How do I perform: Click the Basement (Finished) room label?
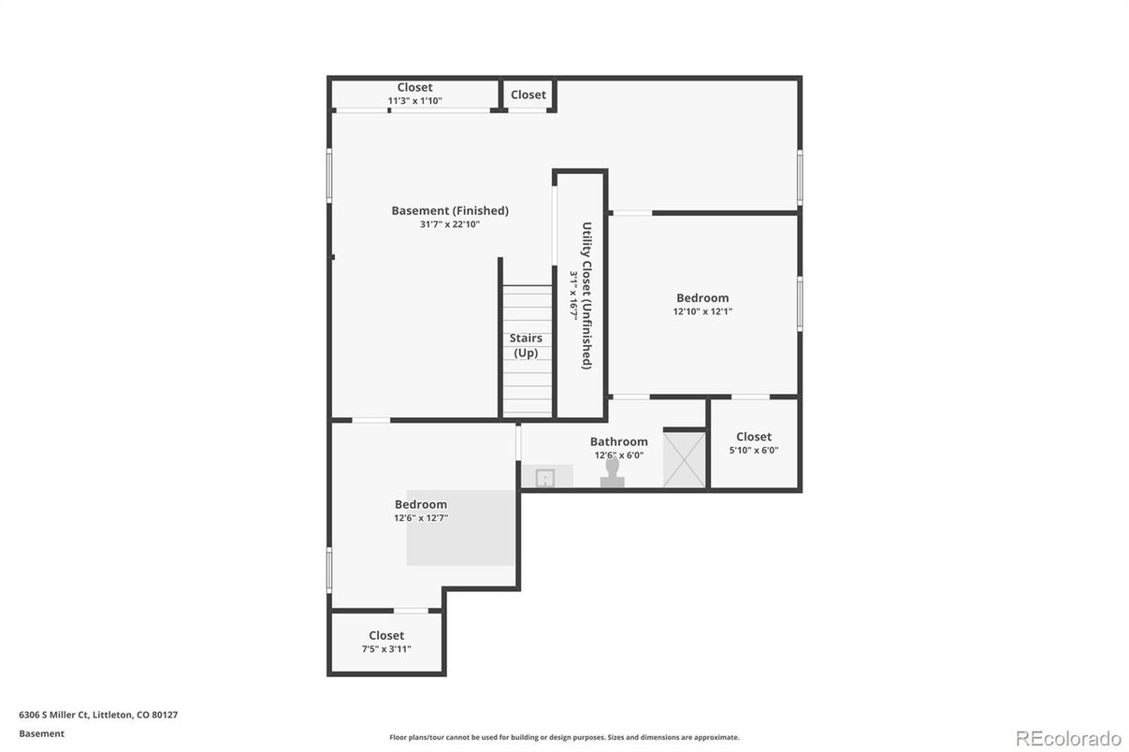click(450, 210)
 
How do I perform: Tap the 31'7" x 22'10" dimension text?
click(450, 224)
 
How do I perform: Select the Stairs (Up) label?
click(526, 345)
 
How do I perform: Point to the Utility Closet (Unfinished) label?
click(586, 296)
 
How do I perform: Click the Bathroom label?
click(619, 441)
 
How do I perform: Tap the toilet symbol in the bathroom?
click(613, 471)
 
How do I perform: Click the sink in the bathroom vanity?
click(544, 477)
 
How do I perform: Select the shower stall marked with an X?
click(684, 459)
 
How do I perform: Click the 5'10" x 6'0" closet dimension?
click(754, 450)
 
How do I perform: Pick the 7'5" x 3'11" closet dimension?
click(386, 649)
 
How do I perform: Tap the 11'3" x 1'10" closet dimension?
click(414, 101)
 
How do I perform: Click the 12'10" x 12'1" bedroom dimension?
click(702, 311)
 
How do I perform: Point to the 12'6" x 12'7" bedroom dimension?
click(421, 517)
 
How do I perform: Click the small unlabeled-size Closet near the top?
click(528, 94)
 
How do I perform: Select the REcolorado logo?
click(1068, 738)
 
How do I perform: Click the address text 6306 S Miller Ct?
click(53, 715)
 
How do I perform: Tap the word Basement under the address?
click(42, 734)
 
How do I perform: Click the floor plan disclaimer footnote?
click(565, 737)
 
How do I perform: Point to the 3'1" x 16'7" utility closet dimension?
click(573, 296)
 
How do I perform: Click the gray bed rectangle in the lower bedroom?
click(460, 528)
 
